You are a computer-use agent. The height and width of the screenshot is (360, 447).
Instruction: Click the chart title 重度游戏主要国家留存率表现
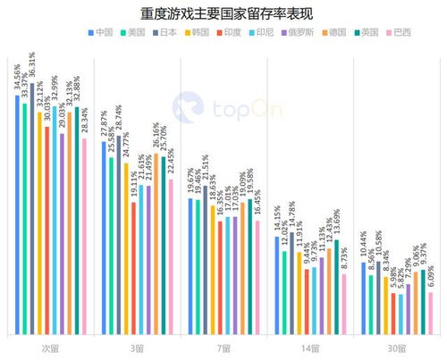click(223, 13)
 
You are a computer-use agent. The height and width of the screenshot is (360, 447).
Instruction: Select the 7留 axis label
click(223, 347)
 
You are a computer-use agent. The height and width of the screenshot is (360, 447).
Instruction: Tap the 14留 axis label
click(309, 347)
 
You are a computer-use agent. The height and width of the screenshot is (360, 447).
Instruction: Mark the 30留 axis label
click(396, 347)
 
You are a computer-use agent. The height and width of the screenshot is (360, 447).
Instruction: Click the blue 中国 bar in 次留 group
click(17, 214)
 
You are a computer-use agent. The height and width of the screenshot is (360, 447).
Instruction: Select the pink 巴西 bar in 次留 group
click(84, 237)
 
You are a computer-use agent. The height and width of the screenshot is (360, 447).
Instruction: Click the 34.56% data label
click(16, 78)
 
